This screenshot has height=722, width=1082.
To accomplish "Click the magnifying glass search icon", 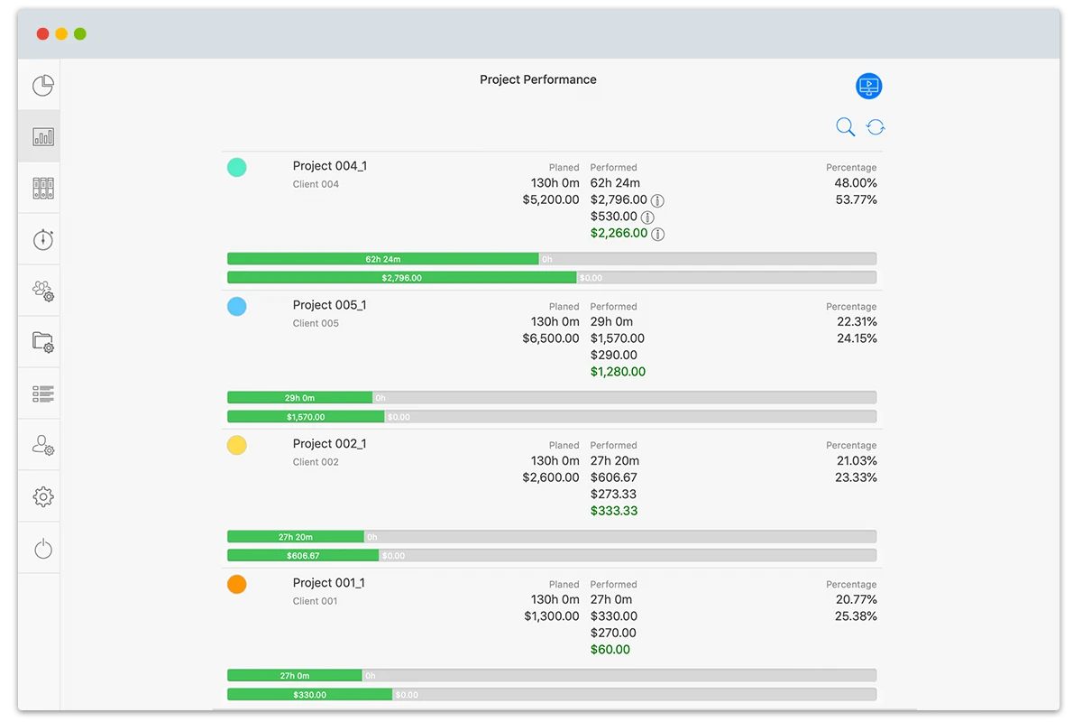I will click(845, 127).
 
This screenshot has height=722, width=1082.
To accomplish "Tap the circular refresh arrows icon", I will click(876, 127).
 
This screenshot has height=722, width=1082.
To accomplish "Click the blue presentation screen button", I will click(868, 87).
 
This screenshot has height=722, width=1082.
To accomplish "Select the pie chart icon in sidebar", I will click(43, 86).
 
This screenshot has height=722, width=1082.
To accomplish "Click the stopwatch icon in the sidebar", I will click(43, 239).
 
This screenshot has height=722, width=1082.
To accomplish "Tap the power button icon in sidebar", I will click(43, 548).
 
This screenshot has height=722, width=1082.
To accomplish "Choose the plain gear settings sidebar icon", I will click(43, 496).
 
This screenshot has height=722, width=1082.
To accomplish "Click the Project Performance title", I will click(537, 79).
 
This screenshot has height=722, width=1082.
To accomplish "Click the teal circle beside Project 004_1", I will click(236, 167).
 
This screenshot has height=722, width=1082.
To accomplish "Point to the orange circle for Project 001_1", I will click(236, 584).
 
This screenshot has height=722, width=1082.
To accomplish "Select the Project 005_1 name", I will click(329, 305).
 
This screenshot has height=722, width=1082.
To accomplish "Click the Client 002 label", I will click(316, 462).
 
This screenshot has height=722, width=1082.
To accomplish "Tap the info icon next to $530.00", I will click(646, 217).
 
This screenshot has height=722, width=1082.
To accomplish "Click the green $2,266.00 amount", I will click(619, 233).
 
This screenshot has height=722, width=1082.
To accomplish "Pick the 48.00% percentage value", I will click(855, 182).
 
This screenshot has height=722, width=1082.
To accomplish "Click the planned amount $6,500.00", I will click(550, 338).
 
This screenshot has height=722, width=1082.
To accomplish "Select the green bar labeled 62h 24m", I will click(383, 259).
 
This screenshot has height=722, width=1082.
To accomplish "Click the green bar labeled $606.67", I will click(303, 556).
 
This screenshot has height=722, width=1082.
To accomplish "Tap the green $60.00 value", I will click(610, 650).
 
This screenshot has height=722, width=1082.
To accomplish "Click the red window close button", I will click(42, 34).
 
